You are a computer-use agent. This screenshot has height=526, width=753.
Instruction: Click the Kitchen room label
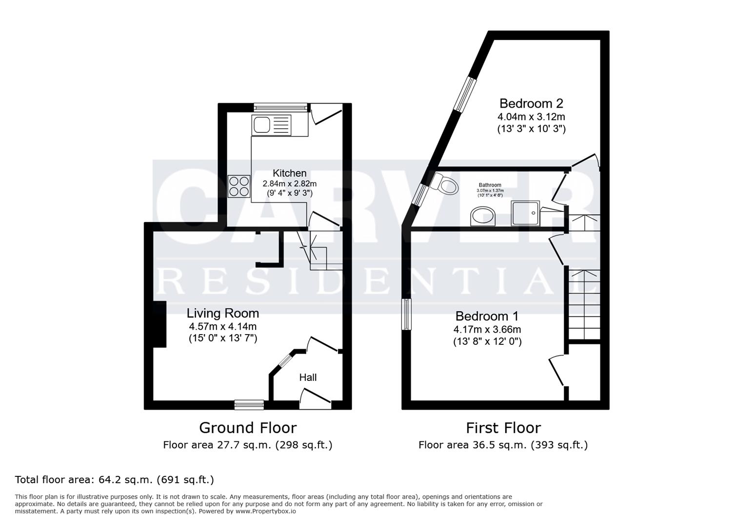289,173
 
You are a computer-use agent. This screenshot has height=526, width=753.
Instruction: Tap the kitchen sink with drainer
271,125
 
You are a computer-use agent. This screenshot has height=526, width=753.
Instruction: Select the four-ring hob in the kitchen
238,186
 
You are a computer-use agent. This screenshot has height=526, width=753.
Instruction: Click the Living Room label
222,313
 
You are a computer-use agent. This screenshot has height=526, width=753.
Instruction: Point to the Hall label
308,377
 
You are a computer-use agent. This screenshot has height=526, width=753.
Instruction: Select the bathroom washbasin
483,216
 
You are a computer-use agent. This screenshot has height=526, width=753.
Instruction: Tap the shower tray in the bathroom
525,213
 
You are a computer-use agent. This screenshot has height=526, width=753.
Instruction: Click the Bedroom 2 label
531,103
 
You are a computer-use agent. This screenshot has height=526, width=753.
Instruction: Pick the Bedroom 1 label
487,316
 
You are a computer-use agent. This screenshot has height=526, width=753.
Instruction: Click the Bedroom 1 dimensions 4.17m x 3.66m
487,329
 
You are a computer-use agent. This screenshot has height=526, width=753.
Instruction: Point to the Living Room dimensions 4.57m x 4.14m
222,326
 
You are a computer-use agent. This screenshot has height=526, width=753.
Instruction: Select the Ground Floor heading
247,428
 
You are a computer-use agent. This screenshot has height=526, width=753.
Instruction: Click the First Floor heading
503,428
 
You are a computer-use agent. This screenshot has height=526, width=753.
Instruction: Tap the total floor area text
114,480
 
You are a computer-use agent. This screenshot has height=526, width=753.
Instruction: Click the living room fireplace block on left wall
159,324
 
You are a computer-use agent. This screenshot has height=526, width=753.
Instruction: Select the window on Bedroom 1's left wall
406,315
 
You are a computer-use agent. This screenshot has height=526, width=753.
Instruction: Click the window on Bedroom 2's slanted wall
465,94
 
